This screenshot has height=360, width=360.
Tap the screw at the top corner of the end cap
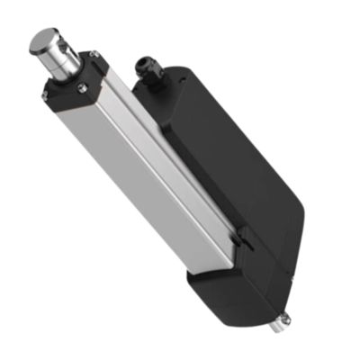pyautogui.click(x=94, y=55)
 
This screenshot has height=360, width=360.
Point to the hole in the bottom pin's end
pyautogui.click(x=287, y=319)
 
